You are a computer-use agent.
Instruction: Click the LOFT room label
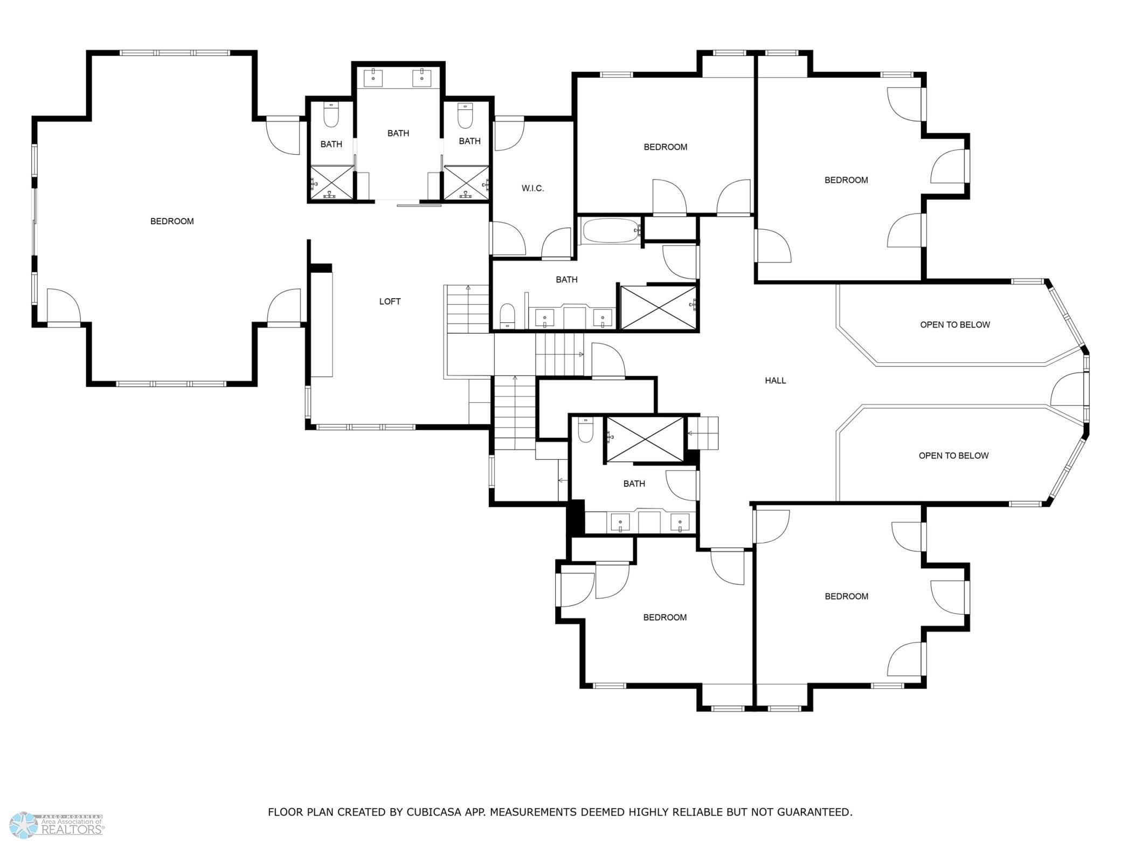(x=390, y=301)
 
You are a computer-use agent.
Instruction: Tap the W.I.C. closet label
(x=532, y=188)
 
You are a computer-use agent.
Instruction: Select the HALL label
(x=775, y=381)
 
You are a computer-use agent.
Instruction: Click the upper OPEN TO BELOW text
(x=954, y=325)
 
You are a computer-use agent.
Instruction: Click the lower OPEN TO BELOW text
(x=953, y=456)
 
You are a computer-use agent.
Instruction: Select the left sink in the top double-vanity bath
(x=373, y=78)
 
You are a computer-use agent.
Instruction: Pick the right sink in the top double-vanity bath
(x=421, y=78)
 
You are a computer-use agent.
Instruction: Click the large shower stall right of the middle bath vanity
(x=658, y=307)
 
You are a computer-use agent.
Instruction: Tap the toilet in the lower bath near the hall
(x=585, y=431)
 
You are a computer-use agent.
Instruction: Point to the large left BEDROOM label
(x=172, y=221)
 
